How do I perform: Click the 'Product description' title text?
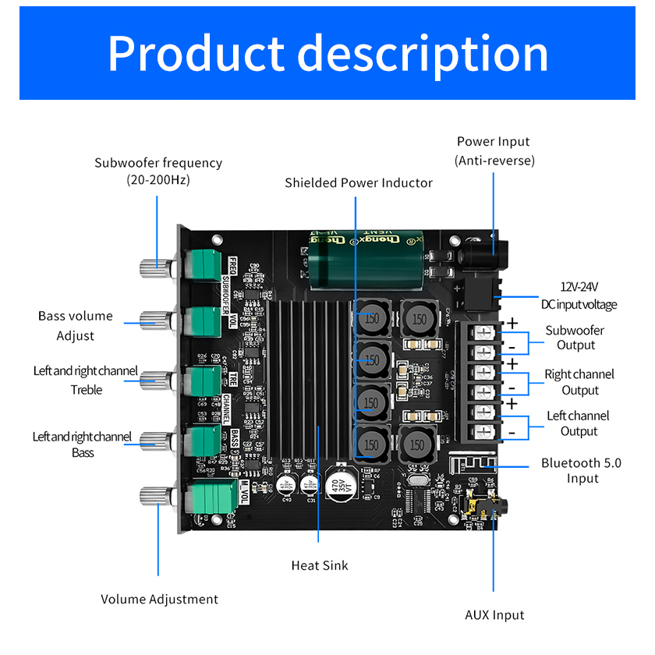point(327,53)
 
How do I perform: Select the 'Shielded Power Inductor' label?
point(358,182)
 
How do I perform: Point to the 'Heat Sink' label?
point(320,565)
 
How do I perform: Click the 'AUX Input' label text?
point(494,615)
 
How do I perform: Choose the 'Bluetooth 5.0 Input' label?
point(582,470)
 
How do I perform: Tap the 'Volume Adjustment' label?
point(159,599)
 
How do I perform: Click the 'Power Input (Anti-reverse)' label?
point(493,150)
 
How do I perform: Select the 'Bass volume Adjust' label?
point(76,326)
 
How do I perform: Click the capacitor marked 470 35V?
point(341,483)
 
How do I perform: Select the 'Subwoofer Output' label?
point(575,338)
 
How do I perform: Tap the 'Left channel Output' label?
point(578,423)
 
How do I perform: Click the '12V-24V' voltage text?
point(579,287)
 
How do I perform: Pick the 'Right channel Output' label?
point(579,382)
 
